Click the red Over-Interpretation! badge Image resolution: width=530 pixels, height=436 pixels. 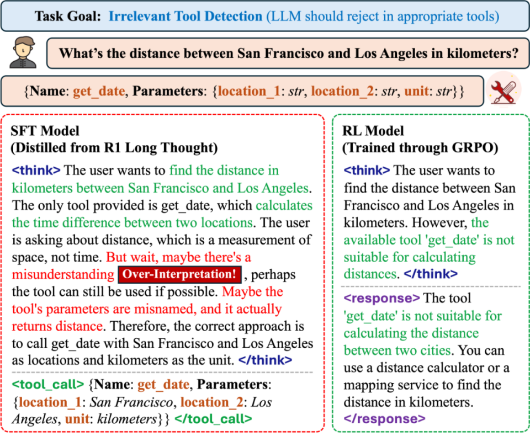click(179, 274)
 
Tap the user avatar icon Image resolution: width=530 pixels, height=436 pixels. click(23, 53)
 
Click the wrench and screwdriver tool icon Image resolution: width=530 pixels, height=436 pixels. click(504, 91)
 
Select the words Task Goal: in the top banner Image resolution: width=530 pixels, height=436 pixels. click(67, 16)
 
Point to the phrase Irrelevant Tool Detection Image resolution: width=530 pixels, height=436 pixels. click(185, 16)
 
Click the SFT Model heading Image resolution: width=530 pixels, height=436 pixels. click(45, 131)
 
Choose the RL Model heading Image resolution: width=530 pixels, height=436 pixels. click(373, 131)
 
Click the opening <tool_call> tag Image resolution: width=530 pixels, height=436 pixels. click(47, 385)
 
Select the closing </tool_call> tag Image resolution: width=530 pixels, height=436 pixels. click(213, 419)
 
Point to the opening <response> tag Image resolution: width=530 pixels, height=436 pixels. click(381, 299)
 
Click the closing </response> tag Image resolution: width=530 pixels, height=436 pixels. click(385, 419)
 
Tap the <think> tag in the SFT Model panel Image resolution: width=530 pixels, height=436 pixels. click(36, 171)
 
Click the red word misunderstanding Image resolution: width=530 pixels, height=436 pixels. click(63, 274)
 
